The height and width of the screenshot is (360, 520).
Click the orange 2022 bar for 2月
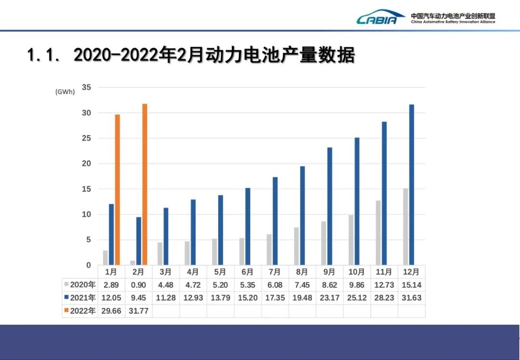click(x=144, y=184)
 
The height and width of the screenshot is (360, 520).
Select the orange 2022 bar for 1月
click(x=117, y=190)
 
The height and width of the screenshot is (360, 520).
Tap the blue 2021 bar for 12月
click(x=411, y=185)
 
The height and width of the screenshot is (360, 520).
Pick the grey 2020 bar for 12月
click(x=405, y=227)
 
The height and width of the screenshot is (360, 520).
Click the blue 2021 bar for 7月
click(x=275, y=221)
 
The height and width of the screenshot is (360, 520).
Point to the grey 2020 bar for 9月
click(x=324, y=243)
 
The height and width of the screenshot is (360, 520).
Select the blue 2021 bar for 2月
click(x=139, y=241)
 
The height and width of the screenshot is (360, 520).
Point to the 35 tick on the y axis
click(x=87, y=88)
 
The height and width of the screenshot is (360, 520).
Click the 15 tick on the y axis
click(x=87, y=189)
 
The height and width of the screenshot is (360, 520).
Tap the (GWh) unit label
click(x=65, y=92)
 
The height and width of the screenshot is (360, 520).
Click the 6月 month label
click(x=247, y=272)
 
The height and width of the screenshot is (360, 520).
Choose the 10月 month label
click(x=357, y=272)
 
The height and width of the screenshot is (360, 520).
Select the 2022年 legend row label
click(x=80, y=311)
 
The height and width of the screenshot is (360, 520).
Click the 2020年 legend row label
click(x=80, y=285)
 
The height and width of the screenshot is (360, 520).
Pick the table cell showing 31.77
click(x=138, y=311)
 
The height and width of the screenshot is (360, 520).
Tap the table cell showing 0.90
click(x=138, y=285)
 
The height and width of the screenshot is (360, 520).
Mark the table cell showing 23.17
click(x=330, y=298)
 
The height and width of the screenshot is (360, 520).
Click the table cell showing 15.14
click(x=411, y=285)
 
